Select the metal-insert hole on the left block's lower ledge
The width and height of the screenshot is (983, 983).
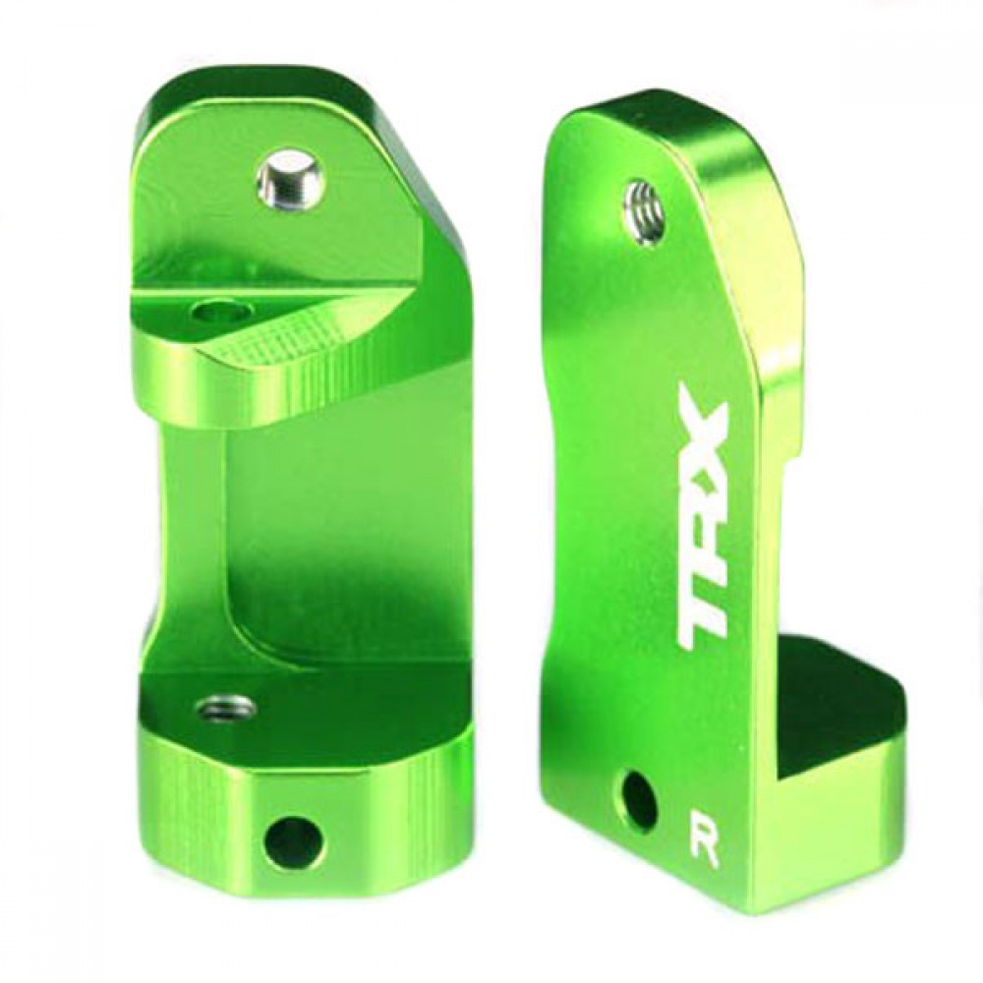(x=226, y=709)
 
